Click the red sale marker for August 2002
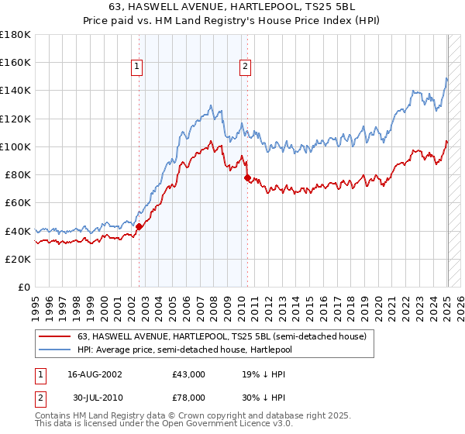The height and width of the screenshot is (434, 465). click(139, 226)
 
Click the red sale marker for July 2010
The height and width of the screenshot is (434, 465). click(247, 177)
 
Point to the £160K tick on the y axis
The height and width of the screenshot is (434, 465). click(15, 63)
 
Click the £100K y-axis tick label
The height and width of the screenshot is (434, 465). click(15, 146)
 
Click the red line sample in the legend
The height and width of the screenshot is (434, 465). click(55, 336)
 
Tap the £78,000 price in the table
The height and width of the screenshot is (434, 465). click(188, 397)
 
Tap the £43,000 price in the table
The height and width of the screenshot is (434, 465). click(188, 374)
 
